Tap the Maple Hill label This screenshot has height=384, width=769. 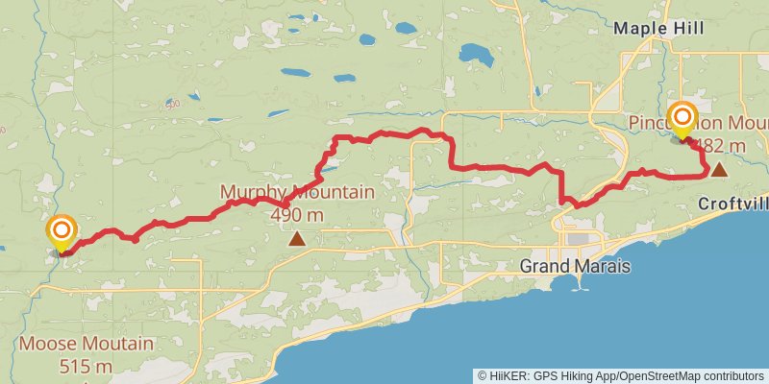click(658, 29)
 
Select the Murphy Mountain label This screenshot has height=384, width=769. click(297, 193)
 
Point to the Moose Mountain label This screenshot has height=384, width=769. click(87, 344)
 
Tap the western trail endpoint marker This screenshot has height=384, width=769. click(62, 232)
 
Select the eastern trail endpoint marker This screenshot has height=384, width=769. click(682, 120)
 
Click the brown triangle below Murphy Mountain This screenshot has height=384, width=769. click(298, 239)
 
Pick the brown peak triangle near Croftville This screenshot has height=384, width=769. click(718, 170)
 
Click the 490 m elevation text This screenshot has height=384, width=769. click(297, 213)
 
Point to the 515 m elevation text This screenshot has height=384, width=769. click(87, 366)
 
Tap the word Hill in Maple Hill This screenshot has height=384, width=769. click(687, 29)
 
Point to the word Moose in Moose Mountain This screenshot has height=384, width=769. click(44, 344)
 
